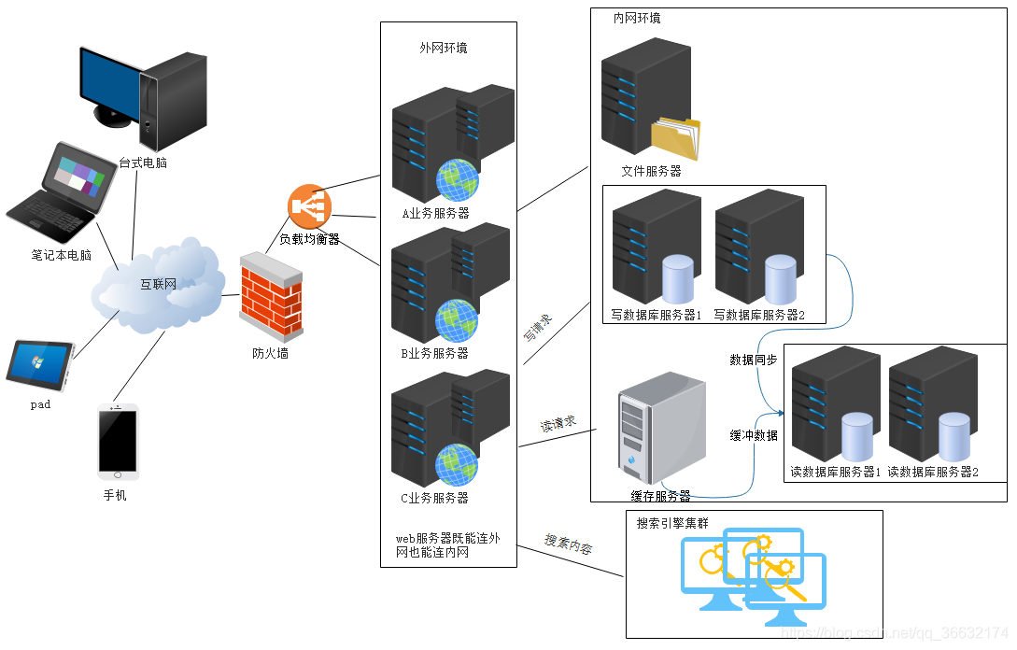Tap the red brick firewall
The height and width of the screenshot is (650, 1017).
(x=271, y=296)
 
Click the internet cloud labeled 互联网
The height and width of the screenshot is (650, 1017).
(x=159, y=284)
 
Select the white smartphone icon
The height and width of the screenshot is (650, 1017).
(x=118, y=440)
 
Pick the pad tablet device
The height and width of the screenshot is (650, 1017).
(x=39, y=364)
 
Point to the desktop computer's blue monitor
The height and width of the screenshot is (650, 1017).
(x=109, y=85)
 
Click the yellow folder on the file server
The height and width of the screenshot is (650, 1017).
(x=675, y=137)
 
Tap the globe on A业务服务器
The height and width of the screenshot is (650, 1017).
(x=458, y=179)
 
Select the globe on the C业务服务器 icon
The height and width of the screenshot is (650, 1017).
(x=457, y=464)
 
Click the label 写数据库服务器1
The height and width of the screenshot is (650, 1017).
(x=657, y=315)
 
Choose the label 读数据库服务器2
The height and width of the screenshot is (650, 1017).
(x=933, y=473)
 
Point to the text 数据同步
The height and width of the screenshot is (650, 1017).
(x=753, y=360)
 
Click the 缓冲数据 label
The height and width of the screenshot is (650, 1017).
(x=753, y=435)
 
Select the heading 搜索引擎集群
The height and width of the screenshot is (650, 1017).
(x=672, y=524)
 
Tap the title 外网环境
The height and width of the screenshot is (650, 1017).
(x=444, y=48)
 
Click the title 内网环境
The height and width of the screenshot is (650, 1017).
(x=637, y=18)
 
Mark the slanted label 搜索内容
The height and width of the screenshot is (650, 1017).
(x=568, y=544)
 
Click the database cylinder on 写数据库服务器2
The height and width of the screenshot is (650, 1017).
(x=780, y=277)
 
